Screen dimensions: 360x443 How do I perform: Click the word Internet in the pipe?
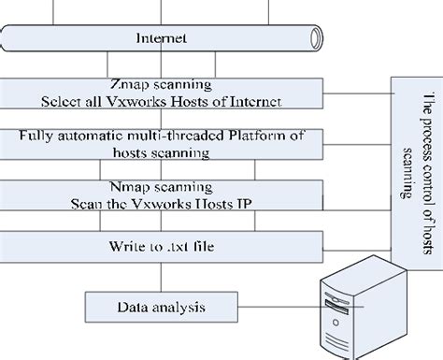click(162, 39)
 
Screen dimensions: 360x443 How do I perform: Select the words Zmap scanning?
click(162, 83)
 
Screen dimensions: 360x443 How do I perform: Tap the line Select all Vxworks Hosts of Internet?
click(162, 100)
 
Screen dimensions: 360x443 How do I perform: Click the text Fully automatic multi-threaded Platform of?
click(162, 136)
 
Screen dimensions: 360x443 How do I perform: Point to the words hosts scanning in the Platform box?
click(162, 151)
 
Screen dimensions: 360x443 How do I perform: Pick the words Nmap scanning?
click(162, 187)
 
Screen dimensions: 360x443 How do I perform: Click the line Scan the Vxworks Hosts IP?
click(162, 203)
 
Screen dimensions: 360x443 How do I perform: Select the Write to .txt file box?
click(162, 246)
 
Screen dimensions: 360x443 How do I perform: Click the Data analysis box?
click(162, 306)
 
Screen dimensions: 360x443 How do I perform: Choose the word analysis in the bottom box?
click(183, 306)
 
